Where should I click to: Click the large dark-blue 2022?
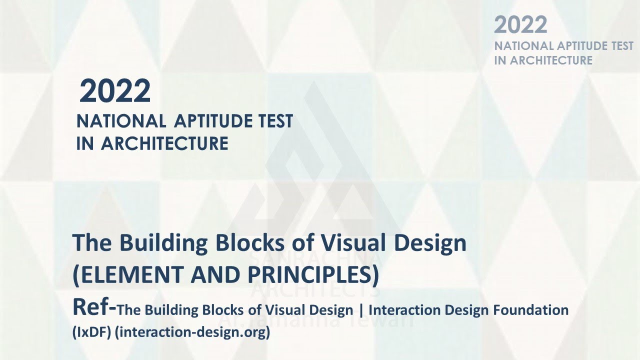click(x=115, y=91)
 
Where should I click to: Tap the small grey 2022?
click(x=520, y=25)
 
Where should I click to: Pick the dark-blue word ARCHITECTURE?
click(x=164, y=143)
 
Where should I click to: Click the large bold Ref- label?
click(x=94, y=307)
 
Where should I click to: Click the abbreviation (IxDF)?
click(x=91, y=332)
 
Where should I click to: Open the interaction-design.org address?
click(x=192, y=332)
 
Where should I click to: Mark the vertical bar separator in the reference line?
click(x=360, y=310)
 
